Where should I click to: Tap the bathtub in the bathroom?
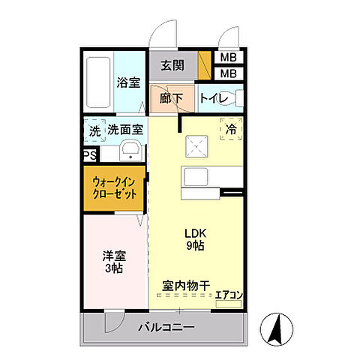pyautogui.click(x=97, y=82)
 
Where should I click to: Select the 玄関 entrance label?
pyautogui.click(x=172, y=65)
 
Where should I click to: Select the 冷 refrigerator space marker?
pyautogui.click(x=230, y=129)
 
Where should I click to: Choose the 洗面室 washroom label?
pyautogui.click(x=124, y=130)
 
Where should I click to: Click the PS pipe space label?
pyautogui.click(x=89, y=157)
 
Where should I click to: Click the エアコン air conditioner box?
pyautogui.click(x=228, y=297)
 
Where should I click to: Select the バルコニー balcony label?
pyautogui.click(x=166, y=328)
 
